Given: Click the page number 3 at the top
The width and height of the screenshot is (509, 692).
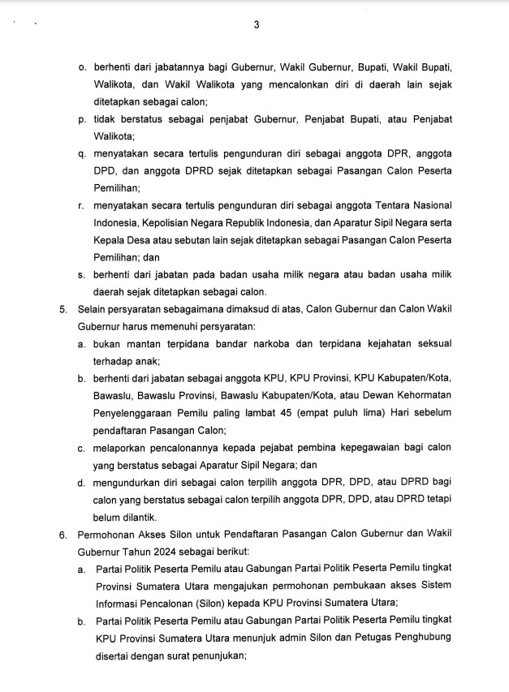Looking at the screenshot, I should [x=256, y=24].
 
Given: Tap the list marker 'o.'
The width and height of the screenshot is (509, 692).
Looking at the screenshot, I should [x=83, y=65].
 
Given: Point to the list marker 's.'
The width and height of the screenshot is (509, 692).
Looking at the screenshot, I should [x=83, y=274].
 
